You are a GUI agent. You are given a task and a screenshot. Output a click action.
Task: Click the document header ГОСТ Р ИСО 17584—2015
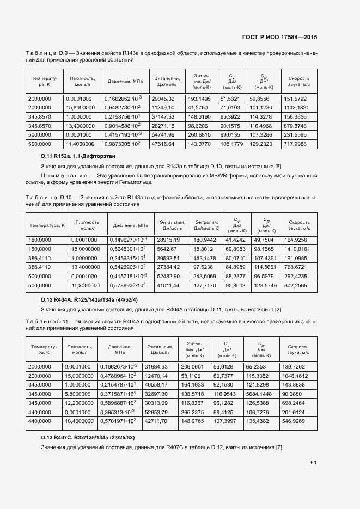click(279, 37)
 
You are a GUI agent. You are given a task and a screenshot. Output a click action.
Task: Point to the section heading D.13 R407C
click(89, 438)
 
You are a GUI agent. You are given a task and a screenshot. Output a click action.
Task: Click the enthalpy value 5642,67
click(168, 249)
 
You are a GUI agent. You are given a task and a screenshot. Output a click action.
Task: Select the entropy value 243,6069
click(205, 276)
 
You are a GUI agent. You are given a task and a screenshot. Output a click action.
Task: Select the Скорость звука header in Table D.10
click(300, 225)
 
